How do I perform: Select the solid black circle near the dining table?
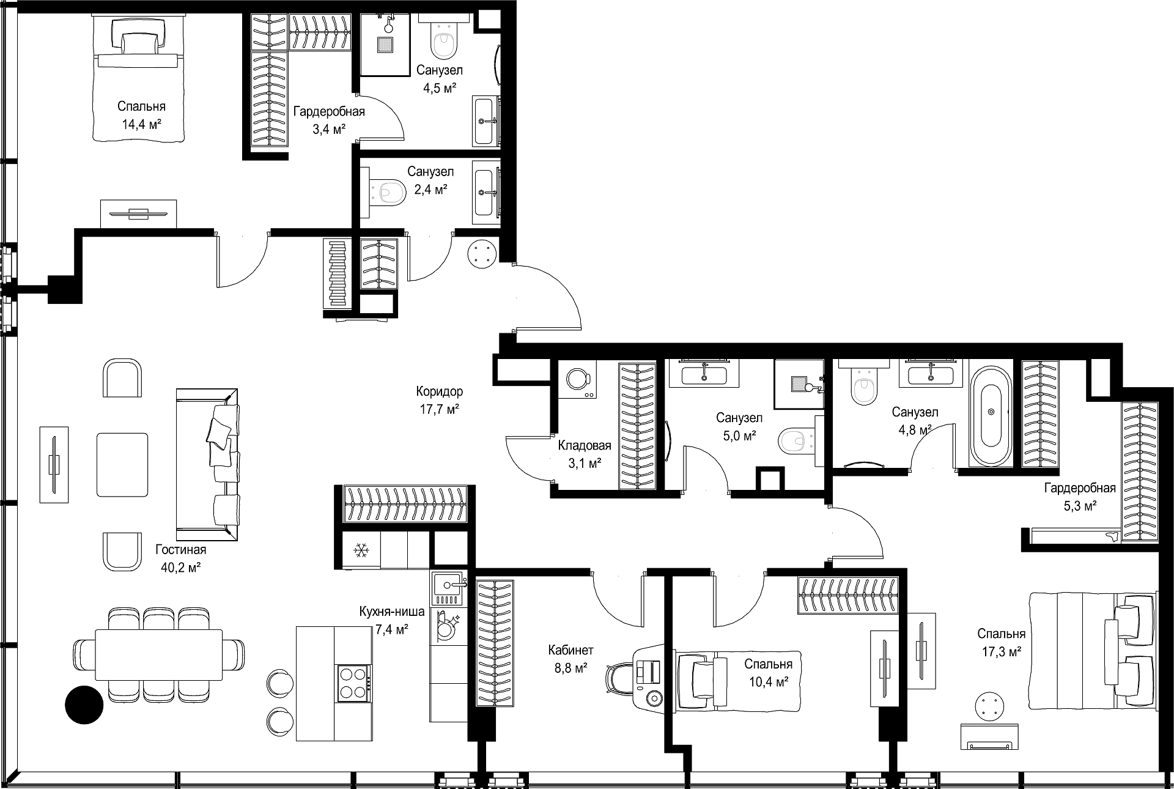84,705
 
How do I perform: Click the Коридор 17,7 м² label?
439,400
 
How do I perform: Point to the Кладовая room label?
585,445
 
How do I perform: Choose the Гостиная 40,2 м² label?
180,558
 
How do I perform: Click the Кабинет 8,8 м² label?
570,659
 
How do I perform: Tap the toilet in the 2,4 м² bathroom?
388,193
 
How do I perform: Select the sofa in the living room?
207,464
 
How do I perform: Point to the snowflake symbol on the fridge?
361,551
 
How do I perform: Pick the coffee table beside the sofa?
122,464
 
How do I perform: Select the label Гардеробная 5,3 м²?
1080,497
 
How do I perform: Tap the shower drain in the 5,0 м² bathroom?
799,384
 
